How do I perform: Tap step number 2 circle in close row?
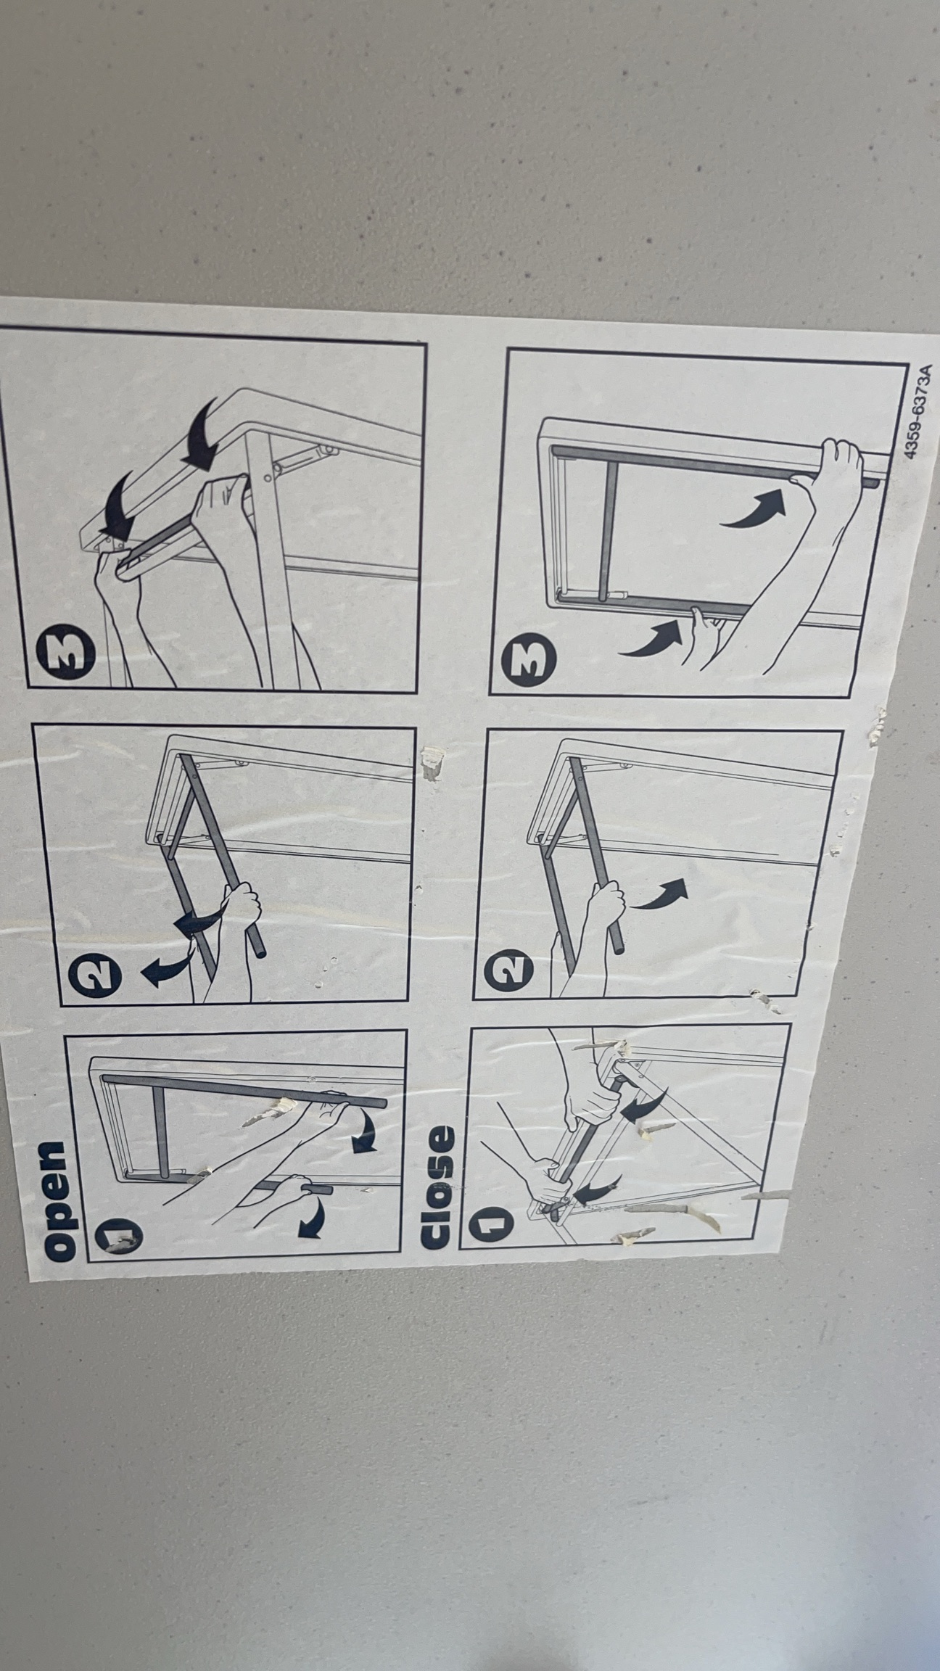508,972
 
